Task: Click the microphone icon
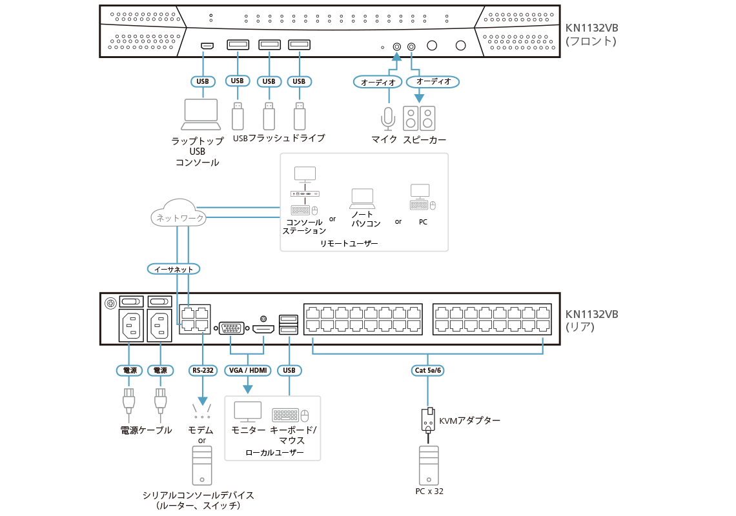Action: point(387,118)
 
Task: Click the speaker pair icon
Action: point(419,118)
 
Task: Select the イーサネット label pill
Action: point(174,268)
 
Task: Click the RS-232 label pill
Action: point(203,370)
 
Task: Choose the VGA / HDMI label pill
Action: point(248,370)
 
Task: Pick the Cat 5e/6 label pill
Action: point(427,370)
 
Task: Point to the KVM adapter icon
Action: point(427,419)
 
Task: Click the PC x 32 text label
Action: point(429,491)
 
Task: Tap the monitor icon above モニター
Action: point(247,412)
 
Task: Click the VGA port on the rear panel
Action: point(232,328)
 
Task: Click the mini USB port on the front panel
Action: point(207,46)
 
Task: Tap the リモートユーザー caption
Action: point(349,244)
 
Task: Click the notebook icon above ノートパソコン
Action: point(362,196)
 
